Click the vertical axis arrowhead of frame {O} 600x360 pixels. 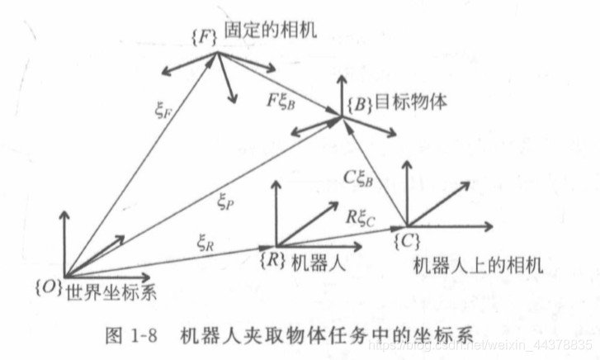tap(64, 211)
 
